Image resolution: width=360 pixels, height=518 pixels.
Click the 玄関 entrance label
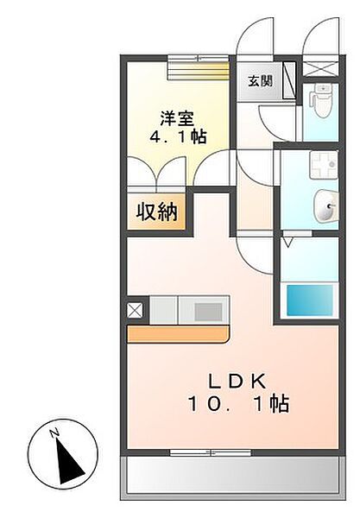coord(260,80)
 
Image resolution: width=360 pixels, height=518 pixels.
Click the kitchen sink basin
coord(206,310)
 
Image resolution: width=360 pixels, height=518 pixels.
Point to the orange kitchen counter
coord(180,333)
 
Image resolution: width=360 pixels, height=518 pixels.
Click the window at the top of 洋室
coord(197,60)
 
